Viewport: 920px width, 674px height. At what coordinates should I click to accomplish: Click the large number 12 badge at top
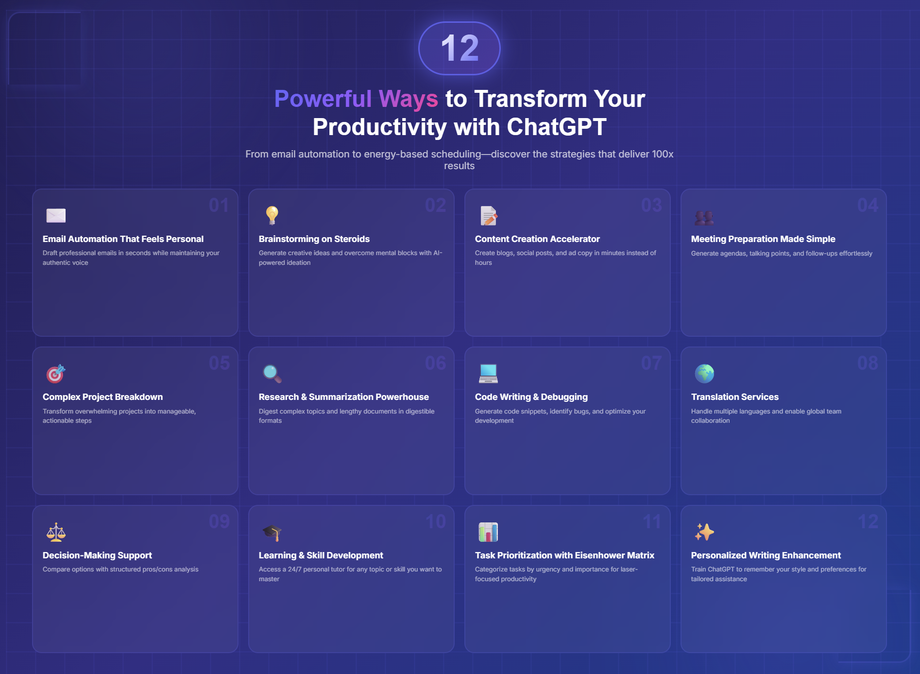point(460,48)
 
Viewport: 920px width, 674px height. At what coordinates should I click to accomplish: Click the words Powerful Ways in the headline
point(356,99)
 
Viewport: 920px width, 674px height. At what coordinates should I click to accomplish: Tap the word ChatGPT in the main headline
point(557,127)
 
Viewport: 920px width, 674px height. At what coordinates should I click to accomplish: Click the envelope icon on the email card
point(56,215)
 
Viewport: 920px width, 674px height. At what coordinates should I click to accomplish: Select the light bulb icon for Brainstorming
point(272,215)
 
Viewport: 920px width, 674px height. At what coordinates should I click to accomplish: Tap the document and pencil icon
point(489,216)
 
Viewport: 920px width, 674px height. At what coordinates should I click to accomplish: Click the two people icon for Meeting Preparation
point(704,217)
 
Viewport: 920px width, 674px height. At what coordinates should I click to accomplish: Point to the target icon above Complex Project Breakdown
point(55,374)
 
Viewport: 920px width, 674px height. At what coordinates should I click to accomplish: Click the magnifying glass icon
point(272,374)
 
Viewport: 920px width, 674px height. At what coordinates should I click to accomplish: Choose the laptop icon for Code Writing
point(488,373)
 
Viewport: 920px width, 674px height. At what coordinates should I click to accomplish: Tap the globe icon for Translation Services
point(704,374)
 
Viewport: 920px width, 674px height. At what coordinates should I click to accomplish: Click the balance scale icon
point(56,532)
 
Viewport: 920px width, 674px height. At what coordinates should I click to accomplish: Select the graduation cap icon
point(272,533)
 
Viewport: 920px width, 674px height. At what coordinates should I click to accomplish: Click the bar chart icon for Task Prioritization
point(488,532)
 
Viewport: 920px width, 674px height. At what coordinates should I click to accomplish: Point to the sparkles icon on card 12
point(704,532)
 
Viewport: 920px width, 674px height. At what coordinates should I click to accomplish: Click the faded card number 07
point(651,363)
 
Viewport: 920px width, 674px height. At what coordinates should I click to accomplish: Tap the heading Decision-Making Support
point(97,555)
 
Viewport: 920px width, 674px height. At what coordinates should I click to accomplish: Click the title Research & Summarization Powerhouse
point(344,397)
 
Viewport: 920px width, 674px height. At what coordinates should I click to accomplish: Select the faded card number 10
point(436,521)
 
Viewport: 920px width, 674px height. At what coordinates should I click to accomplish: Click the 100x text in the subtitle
point(663,154)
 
